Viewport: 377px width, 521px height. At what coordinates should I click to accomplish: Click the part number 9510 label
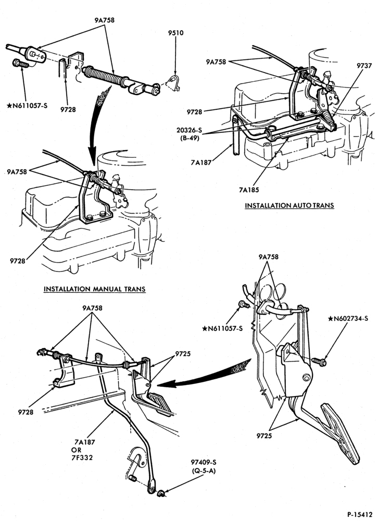tap(175, 33)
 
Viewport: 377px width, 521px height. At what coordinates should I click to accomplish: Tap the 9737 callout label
tap(364, 66)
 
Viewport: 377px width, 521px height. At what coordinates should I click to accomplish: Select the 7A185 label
tap(249, 190)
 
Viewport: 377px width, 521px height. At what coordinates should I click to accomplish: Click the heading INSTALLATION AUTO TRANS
tap(290, 205)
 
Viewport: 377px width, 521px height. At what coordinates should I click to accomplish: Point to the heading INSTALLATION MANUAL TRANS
tap(95, 289)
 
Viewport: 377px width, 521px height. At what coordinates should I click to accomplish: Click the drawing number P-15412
tap(360, 514)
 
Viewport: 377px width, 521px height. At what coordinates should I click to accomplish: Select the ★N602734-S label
tap(348, 319)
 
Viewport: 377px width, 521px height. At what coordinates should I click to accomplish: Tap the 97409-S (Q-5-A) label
tap(203, 466)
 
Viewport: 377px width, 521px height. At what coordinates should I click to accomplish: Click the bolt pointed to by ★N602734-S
tap(319, 361)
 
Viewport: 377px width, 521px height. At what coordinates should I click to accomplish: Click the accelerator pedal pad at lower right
tap(341, 433)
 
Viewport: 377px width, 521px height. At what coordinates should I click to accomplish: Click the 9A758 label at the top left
tap(104, 20)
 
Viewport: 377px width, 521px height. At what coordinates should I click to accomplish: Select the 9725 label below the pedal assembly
tap(264, 436)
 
